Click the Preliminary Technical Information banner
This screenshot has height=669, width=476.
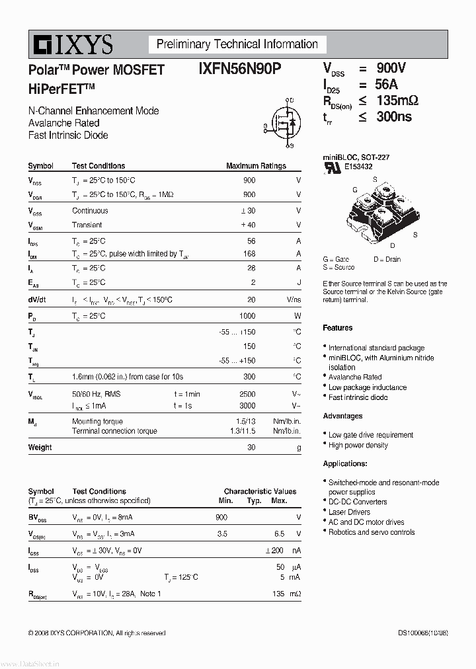coord(237,44)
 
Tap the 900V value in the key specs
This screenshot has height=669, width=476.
coord(391,68)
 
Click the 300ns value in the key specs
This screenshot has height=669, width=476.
coord(394,116)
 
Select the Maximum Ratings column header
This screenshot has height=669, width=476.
coord(256,166)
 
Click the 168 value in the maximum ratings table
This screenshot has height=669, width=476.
coord(249,254)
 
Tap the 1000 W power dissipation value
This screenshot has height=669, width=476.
coord(247,316)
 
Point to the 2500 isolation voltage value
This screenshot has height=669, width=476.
coord(247,394)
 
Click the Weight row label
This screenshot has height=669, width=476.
coord(40,448)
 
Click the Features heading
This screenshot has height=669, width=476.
coord(337,328)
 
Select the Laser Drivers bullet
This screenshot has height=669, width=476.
coord(349,512)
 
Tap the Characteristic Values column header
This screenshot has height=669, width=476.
coord(260,491)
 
